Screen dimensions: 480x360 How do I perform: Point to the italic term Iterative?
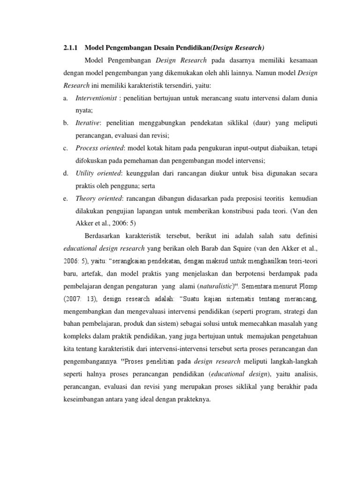(87, 123)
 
